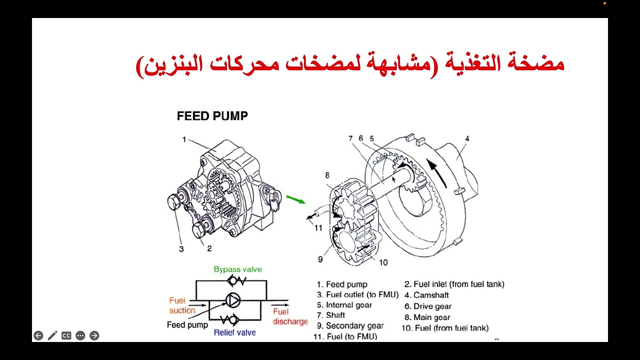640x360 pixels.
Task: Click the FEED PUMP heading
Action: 212,116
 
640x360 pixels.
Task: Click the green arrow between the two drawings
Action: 296,199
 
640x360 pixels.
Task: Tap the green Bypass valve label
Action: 237,269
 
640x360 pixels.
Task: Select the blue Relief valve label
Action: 234,332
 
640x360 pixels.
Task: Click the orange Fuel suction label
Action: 182,305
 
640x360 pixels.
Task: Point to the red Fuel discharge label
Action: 290,316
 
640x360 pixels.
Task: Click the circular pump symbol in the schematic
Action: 233,300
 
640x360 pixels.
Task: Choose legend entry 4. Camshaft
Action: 426,295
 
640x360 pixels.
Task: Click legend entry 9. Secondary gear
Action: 350,325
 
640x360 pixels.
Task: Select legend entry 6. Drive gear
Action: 428,306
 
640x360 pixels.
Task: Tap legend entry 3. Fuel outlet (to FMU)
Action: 357,294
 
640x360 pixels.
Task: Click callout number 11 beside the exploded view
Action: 318,228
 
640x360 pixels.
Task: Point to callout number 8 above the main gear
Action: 327,175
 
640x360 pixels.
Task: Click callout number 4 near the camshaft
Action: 467,138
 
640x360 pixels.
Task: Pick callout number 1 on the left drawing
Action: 184,139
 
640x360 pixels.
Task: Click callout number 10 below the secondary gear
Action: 383,262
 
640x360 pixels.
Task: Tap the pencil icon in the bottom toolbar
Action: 52,335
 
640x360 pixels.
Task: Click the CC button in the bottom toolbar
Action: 66,335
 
